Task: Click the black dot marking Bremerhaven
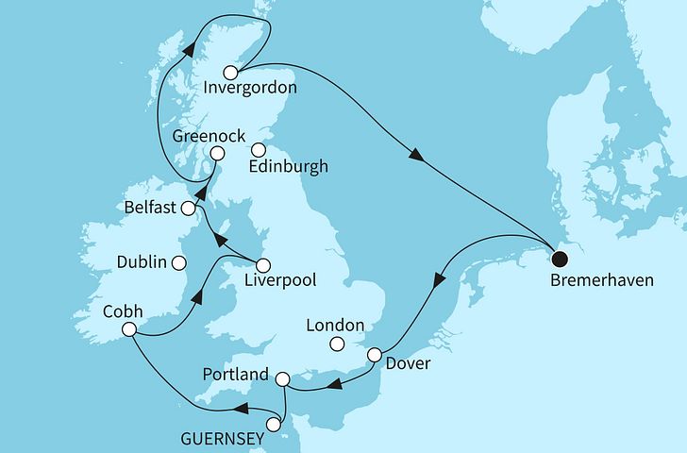[560, 256]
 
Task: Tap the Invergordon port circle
[230, 72]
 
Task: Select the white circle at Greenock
[217, 154]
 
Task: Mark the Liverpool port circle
[263, 265]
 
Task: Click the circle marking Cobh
[130, 330]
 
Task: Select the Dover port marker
[375, 356]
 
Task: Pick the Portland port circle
[282, 378]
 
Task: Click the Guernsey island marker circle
[274, 425]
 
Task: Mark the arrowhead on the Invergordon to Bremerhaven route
[414, 156]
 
